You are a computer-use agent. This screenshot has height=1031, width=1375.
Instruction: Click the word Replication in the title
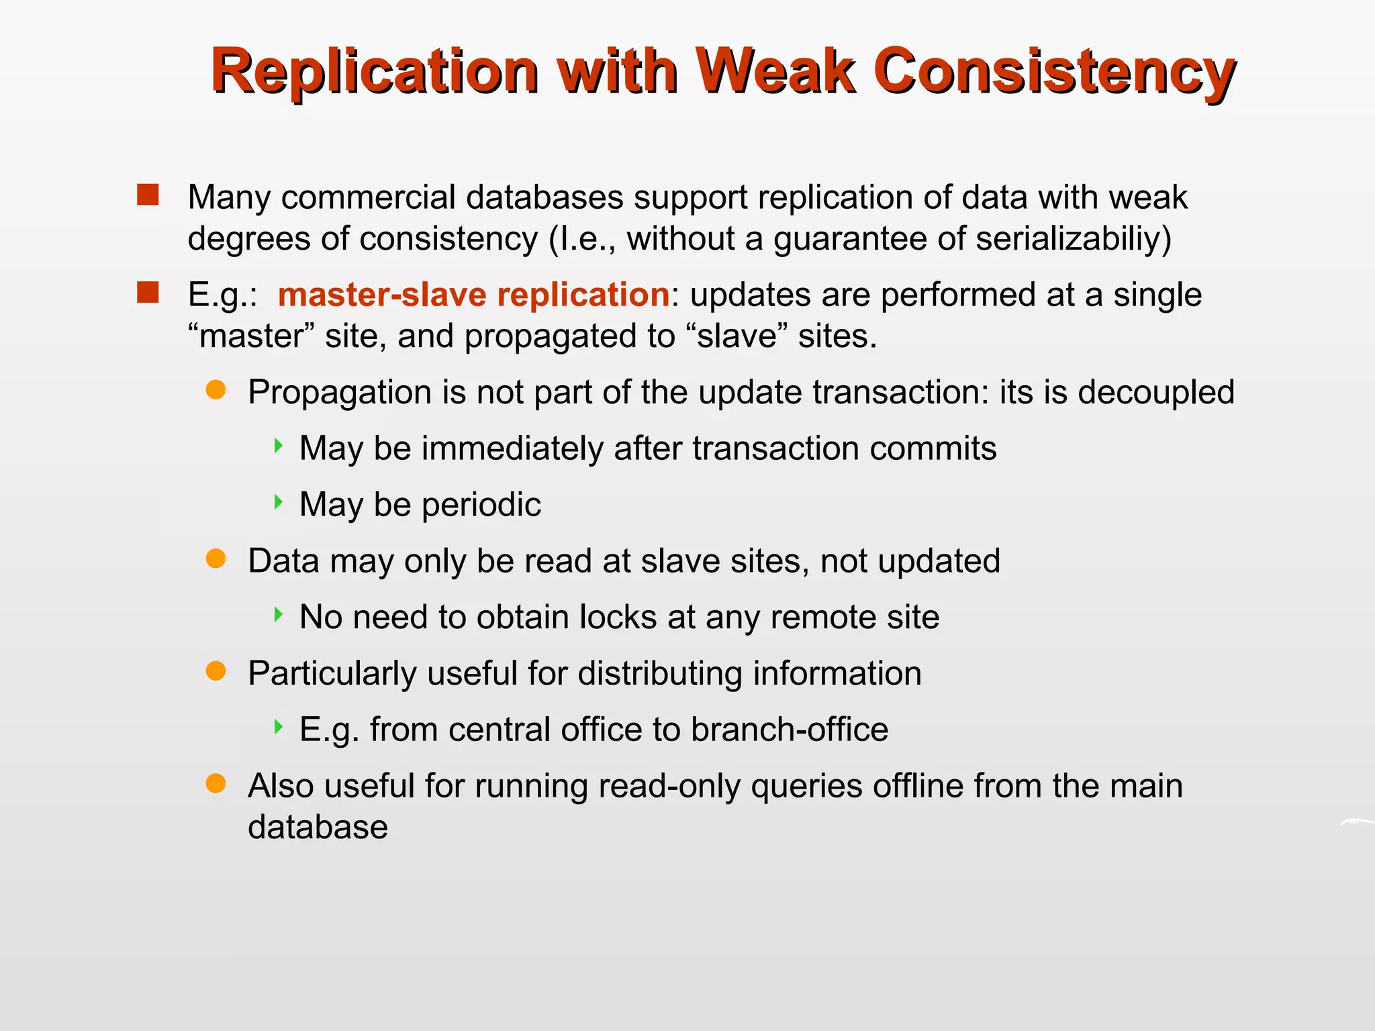[375, 71]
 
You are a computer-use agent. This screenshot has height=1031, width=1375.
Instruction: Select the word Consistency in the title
[1054, 71]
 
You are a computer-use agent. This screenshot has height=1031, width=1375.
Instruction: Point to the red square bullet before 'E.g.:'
[148, 293]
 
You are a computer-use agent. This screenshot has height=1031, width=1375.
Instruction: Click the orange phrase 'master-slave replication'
[473, 295]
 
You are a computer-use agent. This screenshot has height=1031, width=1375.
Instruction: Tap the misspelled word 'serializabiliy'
[1073, 239]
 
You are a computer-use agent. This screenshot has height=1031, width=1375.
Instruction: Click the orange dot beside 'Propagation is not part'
[216, 389]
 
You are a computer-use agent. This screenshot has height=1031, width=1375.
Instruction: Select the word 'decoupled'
[1156, 392]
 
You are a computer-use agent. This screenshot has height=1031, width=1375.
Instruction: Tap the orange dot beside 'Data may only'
[216, 558]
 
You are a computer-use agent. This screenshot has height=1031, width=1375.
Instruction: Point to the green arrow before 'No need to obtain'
[279, 614]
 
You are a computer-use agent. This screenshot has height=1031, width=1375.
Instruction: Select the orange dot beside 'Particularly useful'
[216, 671]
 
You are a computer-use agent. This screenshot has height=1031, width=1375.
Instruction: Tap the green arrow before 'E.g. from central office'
[279, 726]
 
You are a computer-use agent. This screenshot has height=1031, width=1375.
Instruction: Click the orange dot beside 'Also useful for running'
[216, 783]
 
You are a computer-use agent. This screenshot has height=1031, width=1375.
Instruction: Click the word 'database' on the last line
[318, 827]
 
